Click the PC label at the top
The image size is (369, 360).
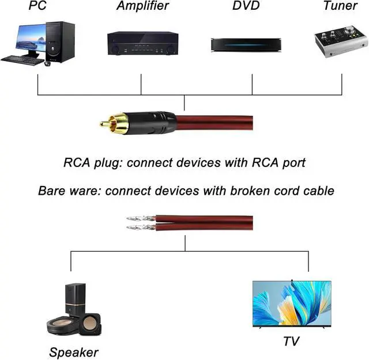(x=37, y=6)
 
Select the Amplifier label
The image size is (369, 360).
(x=142, y=6)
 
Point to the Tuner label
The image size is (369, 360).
(x=340, y=6)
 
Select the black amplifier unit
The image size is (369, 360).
(x=142, y=43)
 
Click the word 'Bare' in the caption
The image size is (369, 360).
(x=51, y=191)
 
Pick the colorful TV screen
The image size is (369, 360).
(x=292, y=304)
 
